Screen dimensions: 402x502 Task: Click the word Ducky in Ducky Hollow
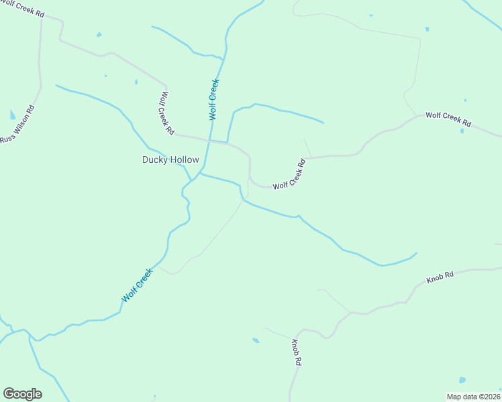tap(154, 159)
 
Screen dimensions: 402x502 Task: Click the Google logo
tap(22, 394)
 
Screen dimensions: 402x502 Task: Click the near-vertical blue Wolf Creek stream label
tap(214, 99)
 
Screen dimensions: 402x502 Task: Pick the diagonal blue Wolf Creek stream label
tap(138, 285)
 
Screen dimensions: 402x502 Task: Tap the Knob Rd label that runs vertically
tap(296, 352)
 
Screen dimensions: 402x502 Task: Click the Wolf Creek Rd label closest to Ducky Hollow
tap(167, 113)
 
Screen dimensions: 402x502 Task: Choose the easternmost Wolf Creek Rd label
tap(448, 120)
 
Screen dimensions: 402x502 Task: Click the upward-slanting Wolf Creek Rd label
tap(289, 174)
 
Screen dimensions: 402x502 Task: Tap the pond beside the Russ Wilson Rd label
tap(13, 115)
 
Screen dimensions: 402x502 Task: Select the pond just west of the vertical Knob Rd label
tap(256, 340)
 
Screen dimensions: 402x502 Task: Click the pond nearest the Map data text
tap(461, 379)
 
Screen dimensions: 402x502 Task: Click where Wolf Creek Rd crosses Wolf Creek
tap(209, 141)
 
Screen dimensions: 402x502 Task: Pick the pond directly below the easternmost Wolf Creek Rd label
tap(462, 131)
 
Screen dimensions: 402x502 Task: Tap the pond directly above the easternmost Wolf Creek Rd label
tap(464, 100)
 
